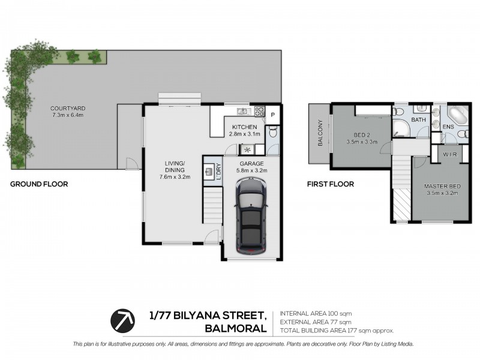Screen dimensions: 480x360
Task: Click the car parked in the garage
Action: [251, 216]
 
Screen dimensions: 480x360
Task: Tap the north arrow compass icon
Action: [123, 321]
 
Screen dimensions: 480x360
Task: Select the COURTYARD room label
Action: [68, 109]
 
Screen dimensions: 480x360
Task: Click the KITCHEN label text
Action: [245, 127]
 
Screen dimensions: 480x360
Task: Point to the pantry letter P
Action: [273, 115]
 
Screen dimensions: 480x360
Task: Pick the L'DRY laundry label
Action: [218, 172]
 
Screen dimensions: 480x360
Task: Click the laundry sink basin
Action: [209, 172]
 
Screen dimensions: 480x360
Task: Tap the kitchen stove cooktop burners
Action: [260, 111]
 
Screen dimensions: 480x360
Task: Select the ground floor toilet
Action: [272, 132]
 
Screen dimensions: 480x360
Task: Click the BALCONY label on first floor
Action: [320, 133]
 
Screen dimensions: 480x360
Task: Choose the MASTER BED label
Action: [442, 186]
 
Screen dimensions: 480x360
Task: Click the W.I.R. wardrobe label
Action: [451, 155]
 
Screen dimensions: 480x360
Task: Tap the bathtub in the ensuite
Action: [458, 116]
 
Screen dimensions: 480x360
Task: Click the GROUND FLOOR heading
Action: [39, 184]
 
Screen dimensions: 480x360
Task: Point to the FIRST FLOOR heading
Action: [331, 184]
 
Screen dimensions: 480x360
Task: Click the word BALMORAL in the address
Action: [236, 328]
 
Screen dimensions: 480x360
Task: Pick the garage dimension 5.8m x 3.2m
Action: [251, 170]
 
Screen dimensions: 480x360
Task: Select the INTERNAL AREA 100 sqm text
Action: [316, 313]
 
